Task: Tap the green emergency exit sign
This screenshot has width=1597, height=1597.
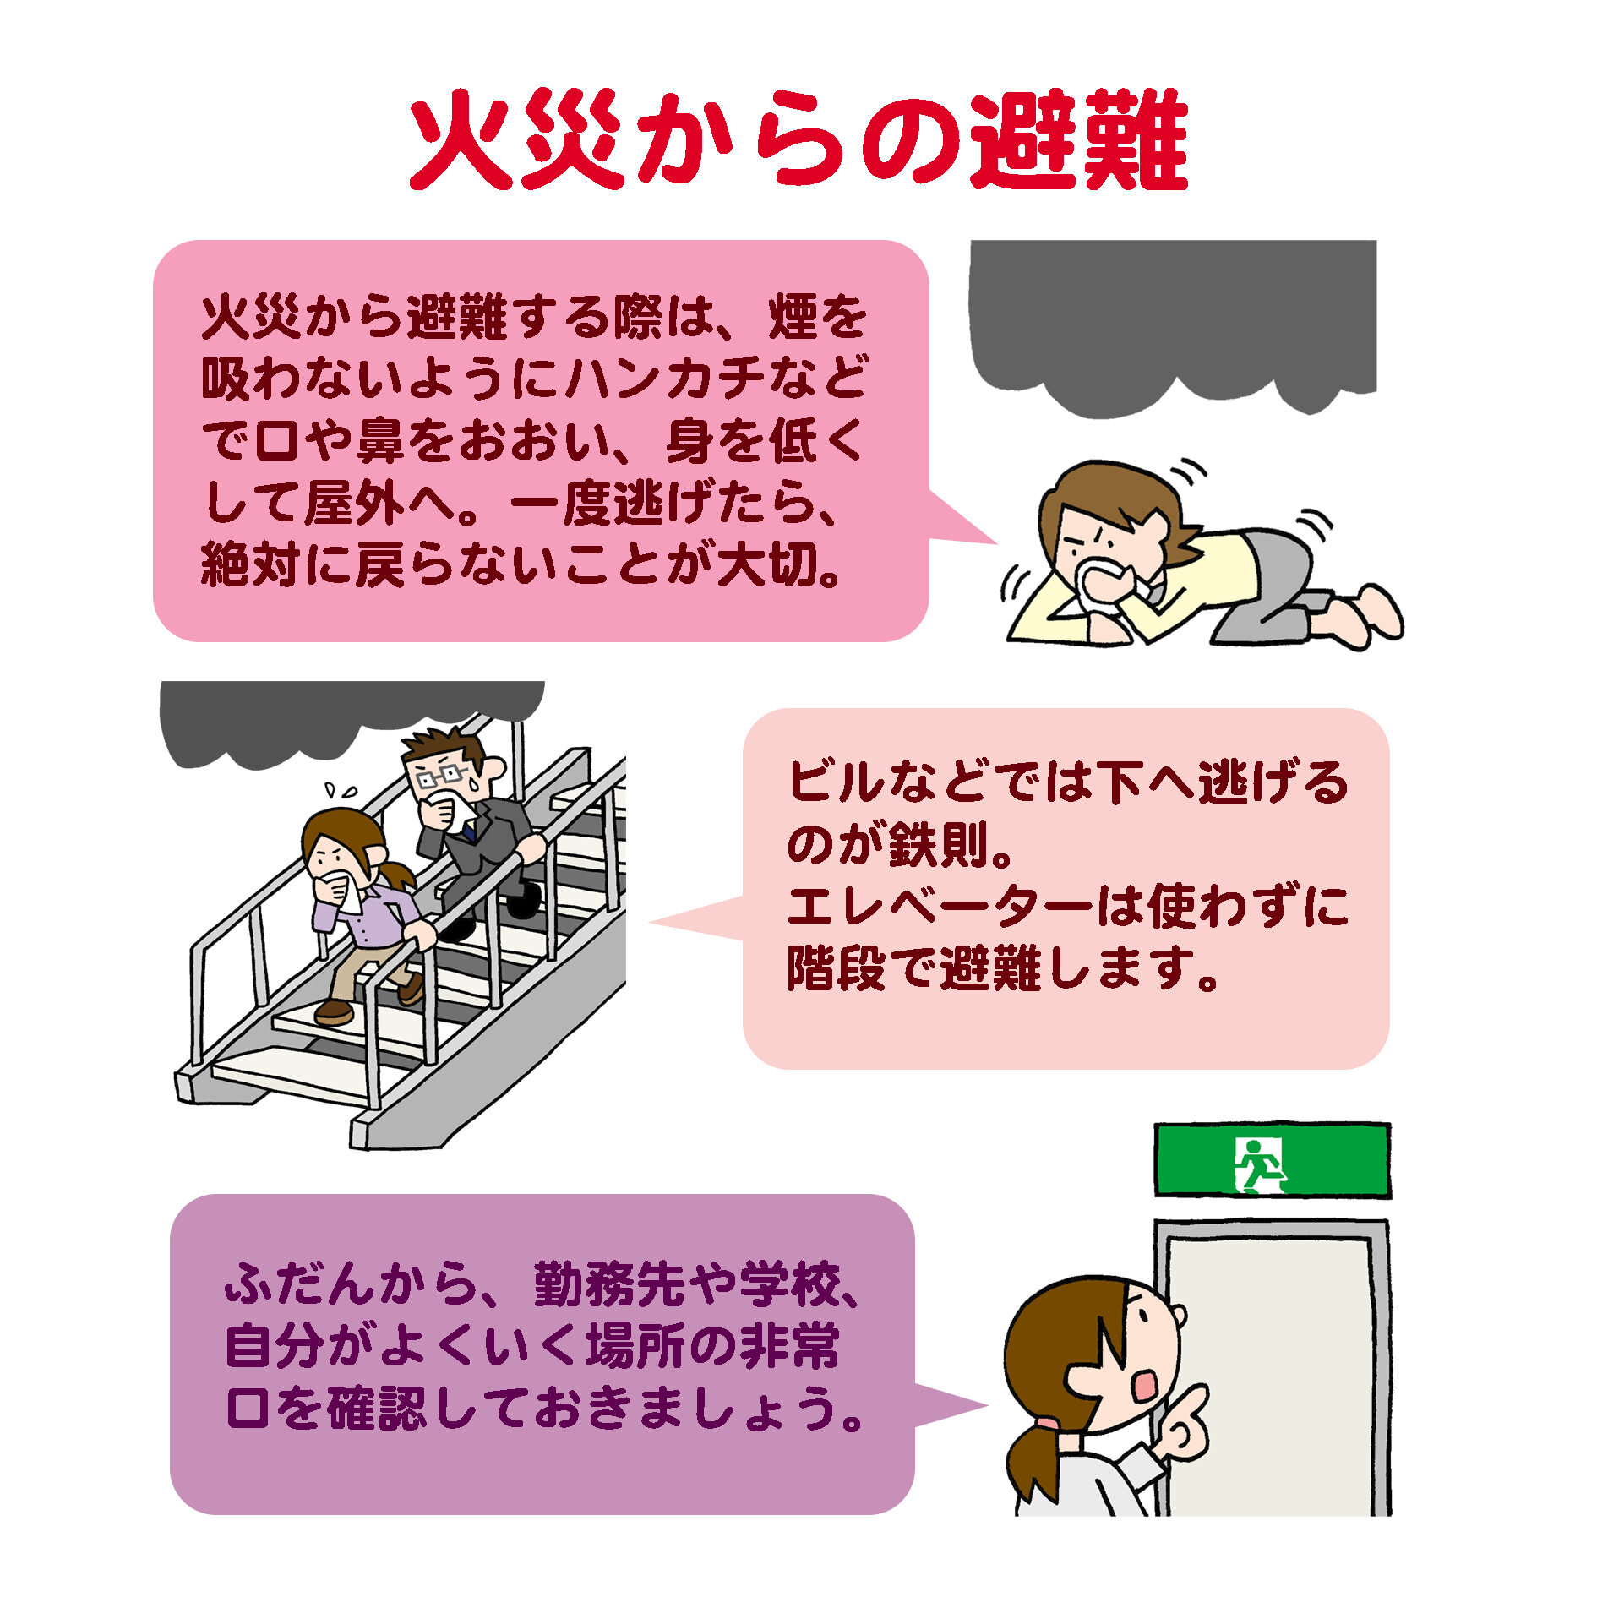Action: click(x=1272, y=1159)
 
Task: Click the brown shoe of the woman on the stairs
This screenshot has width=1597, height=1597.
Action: click(x=334, y=1011)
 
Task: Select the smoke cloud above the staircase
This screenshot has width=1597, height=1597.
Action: click(x=351, y=718)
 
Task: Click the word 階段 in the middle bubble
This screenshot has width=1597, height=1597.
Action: click(x=837, y=968)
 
